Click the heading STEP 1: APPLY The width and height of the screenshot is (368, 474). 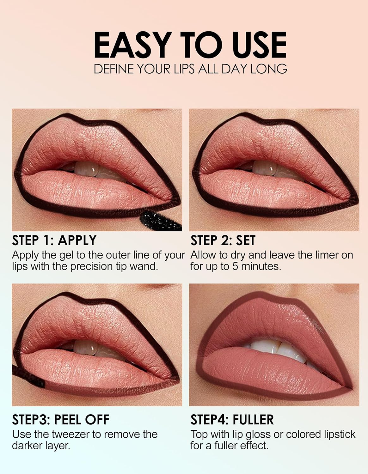[54, 240]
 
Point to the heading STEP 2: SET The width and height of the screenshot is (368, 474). [223, 240]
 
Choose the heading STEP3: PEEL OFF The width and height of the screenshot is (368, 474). [60, 420]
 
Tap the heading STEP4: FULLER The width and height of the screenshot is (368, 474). [232, 420]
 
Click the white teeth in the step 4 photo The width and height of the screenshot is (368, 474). [278, 346]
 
